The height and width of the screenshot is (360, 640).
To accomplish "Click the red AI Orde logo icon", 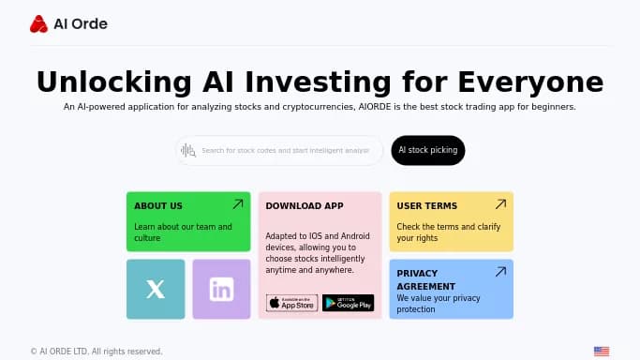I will [38, 24].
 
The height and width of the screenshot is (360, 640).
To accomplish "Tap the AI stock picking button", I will [427, 150].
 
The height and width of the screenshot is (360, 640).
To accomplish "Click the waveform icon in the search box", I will [187, 150].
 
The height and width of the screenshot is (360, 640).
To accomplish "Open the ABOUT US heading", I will [158, 205].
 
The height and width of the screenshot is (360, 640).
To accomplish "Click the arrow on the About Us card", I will [238, 203].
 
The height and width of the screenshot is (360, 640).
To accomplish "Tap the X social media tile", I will [156, 290].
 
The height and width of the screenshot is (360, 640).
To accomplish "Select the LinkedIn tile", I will [221, 290].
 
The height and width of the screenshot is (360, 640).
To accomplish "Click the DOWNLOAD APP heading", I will [305, 205].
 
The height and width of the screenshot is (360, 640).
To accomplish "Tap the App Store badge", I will [291, 303].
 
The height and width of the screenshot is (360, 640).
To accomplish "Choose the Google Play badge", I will [348, 303].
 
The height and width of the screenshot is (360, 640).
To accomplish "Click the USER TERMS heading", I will [427, 205].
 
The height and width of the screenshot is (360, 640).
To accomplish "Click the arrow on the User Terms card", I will [500, 203].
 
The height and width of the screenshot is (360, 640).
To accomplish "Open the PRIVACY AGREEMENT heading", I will [427, 278].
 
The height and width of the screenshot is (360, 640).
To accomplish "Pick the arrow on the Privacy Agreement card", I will [500, 271].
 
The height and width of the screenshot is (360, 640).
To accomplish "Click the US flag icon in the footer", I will [601, 352].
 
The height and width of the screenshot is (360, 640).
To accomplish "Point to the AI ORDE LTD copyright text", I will [97, 352].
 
